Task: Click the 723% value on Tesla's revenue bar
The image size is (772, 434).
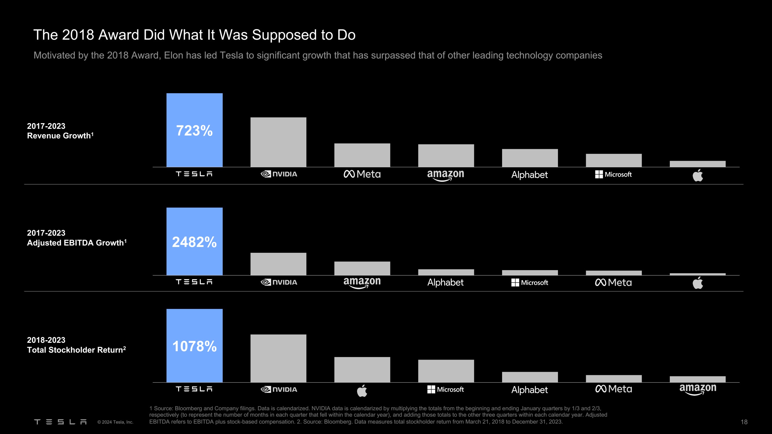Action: pyautogui.click(x=194, y=131)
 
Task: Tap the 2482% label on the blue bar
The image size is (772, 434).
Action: pyautogui.click(x=194, y=242)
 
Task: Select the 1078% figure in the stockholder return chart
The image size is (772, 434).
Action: pyautogui.click(x=194, y=346)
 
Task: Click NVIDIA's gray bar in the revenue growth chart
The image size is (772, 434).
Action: pyautogui.click(x=278, y=142)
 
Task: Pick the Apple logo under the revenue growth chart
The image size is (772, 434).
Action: pyautogui.click(x=698, y=175)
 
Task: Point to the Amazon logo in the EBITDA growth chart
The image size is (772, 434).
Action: pyautogui.click(x=362, y=282)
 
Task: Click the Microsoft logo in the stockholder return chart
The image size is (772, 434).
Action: pyautogui.click(x=446, y=389)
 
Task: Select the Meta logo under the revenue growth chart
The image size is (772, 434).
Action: pyautogui.click(x=362, y=174)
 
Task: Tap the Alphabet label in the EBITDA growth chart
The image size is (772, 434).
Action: pyautogui.click(x=445, y=282)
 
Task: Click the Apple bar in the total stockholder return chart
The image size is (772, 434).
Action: pyautogui.click(x=362, y=369)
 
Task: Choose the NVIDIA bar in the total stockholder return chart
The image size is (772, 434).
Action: pyautogui.click(x=278, y=358)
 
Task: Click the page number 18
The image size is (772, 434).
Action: pyautogui.click(x=744, y=422)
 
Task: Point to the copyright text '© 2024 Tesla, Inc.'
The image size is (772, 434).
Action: pyautogui.click(x=115, y=422)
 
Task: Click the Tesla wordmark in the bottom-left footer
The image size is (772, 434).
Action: pyautogui.click(x=60, y=422)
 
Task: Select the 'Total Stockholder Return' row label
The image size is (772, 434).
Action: pyautogui.click(x=76, y=350)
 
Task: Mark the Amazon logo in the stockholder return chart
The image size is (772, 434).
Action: pyautogui.click(x=698, y=389)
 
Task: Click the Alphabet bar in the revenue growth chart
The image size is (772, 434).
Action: pyautogui.click(x=530, y=158)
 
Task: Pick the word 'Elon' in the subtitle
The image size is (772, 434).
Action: pyautogui.click(x=173, y=56)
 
